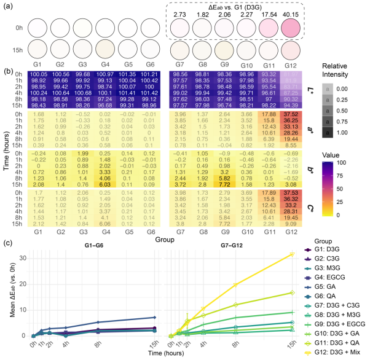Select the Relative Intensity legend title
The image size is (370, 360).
point(339,69)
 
